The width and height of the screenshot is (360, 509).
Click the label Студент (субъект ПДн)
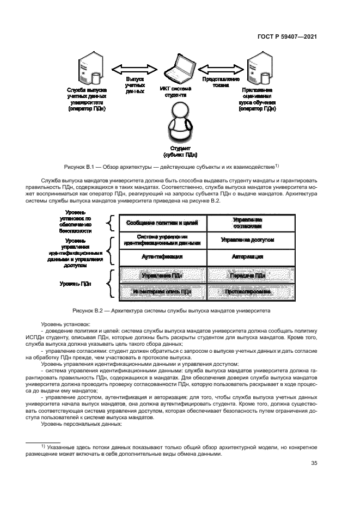(179, 151)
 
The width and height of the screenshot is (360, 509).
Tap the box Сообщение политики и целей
(158, 223)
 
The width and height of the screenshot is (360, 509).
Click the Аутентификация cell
(158, 256)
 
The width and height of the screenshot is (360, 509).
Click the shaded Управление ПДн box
(158, 276)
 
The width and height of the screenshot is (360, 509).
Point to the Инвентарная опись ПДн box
(158, 292)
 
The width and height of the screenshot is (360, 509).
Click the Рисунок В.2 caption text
(180, 310)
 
